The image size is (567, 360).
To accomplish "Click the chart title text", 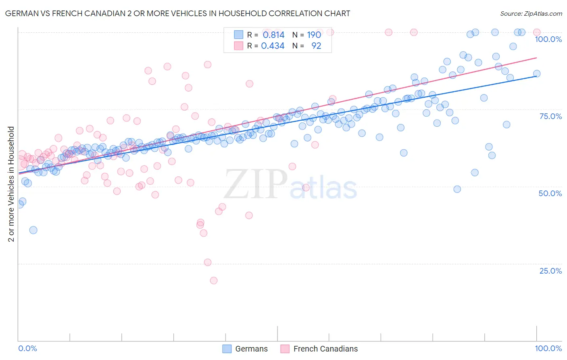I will (177, 13).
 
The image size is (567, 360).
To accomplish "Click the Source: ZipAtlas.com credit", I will (531, 13).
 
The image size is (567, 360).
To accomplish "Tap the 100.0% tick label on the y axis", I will (548, 39).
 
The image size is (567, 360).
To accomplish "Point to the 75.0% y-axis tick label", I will (550, 116).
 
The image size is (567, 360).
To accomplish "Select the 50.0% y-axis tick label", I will (550, 193).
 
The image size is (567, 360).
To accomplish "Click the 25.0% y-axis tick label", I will (550, 271).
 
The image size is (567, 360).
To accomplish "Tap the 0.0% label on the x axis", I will (28, 348).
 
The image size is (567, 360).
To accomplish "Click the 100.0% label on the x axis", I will (548, 348).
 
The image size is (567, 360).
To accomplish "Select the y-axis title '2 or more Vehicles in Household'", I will (11, 184).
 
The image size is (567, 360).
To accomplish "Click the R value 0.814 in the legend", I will (273, 35).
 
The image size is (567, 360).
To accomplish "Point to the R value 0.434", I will (273, 46).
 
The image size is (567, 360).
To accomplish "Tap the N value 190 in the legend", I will (314, 35).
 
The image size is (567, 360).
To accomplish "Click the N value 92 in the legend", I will (316, 46).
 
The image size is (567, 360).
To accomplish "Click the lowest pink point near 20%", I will (214, 280).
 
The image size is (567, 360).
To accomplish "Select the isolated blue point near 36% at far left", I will (33, 230).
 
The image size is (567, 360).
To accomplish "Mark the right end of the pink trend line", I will (536, 58).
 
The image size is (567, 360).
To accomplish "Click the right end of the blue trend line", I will (536, 76).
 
